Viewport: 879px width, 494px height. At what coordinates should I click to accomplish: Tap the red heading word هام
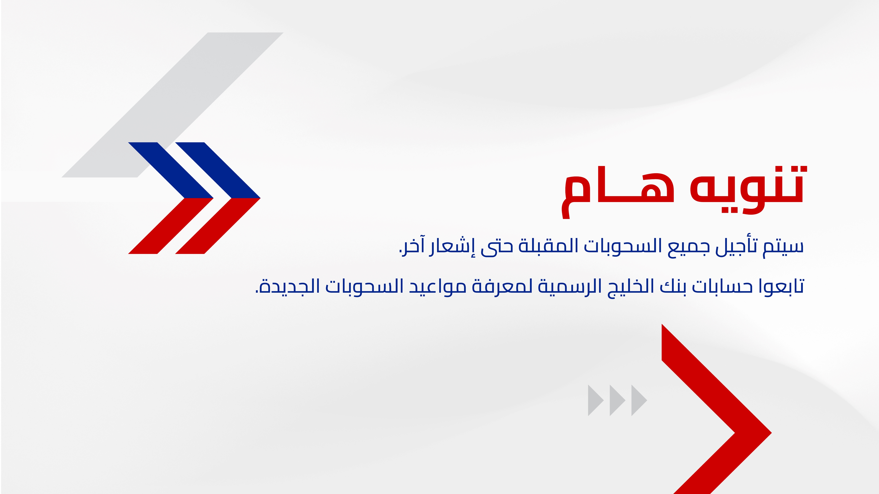tap(618, 193)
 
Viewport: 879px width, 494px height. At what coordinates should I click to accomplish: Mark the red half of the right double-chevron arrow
tap(218, 226)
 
